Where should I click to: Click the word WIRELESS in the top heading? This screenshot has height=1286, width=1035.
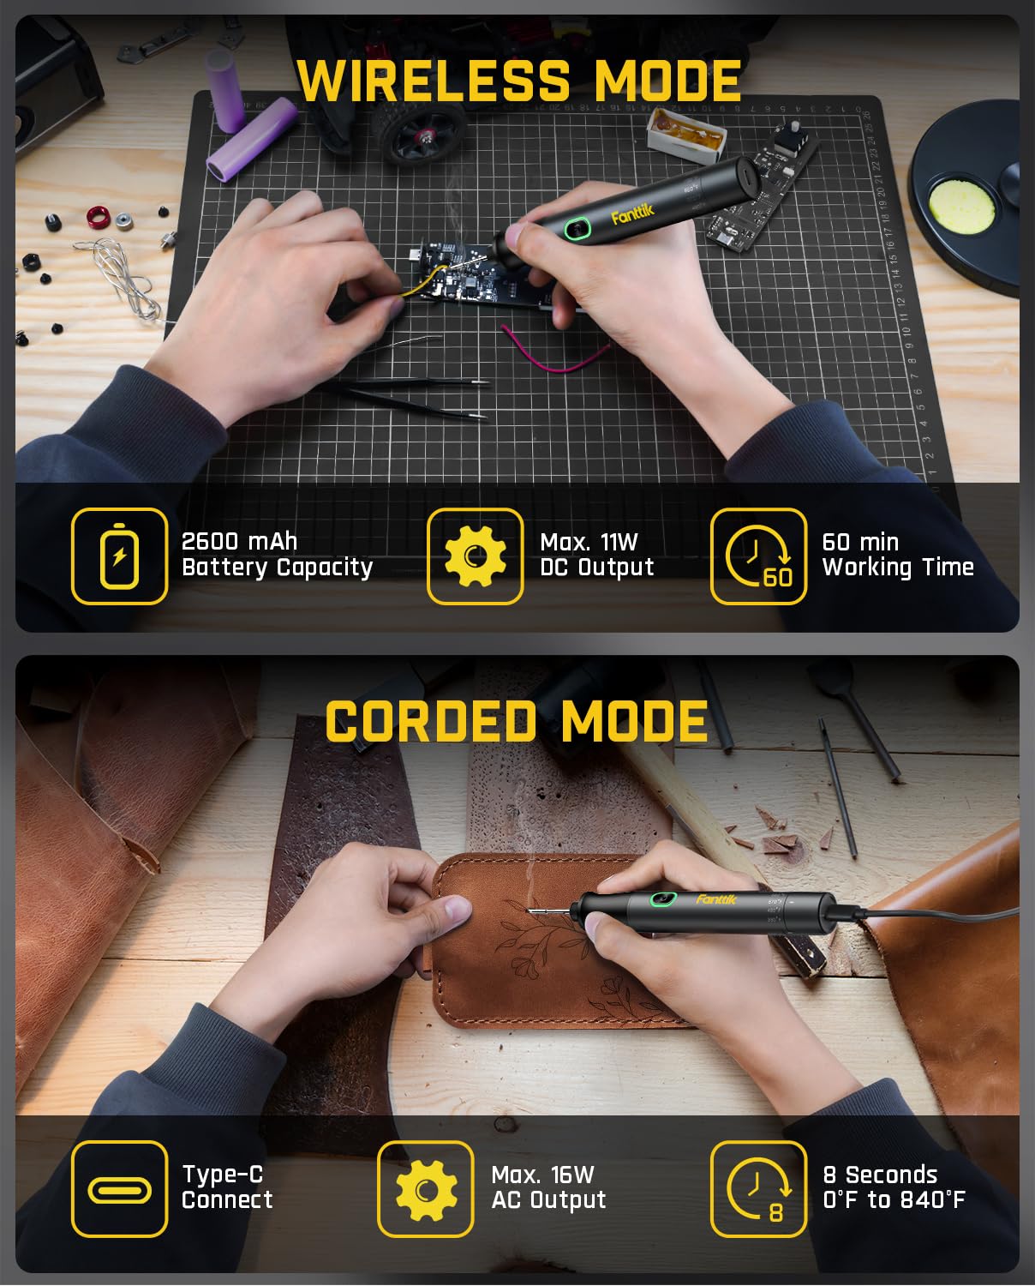434,81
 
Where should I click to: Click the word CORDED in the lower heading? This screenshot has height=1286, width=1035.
431,721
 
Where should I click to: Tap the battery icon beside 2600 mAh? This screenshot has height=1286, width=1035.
119,556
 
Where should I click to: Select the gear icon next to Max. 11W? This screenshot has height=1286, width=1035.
476,556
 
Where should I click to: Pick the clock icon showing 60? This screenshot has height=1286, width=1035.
759,556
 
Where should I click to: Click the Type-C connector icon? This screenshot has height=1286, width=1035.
119,1190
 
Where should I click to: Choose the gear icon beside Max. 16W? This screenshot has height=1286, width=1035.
426,1190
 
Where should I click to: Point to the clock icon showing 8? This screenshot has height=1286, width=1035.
759,1190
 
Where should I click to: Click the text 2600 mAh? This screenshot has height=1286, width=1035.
239,542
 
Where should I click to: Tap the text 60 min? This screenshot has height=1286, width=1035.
860,542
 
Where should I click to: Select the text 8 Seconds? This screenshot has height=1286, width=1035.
880,1175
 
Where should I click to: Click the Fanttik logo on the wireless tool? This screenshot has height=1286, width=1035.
632,214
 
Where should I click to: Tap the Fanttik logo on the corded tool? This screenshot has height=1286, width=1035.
716,898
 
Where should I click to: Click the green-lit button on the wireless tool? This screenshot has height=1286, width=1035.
577,228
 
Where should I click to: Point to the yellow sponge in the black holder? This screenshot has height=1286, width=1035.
961,206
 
